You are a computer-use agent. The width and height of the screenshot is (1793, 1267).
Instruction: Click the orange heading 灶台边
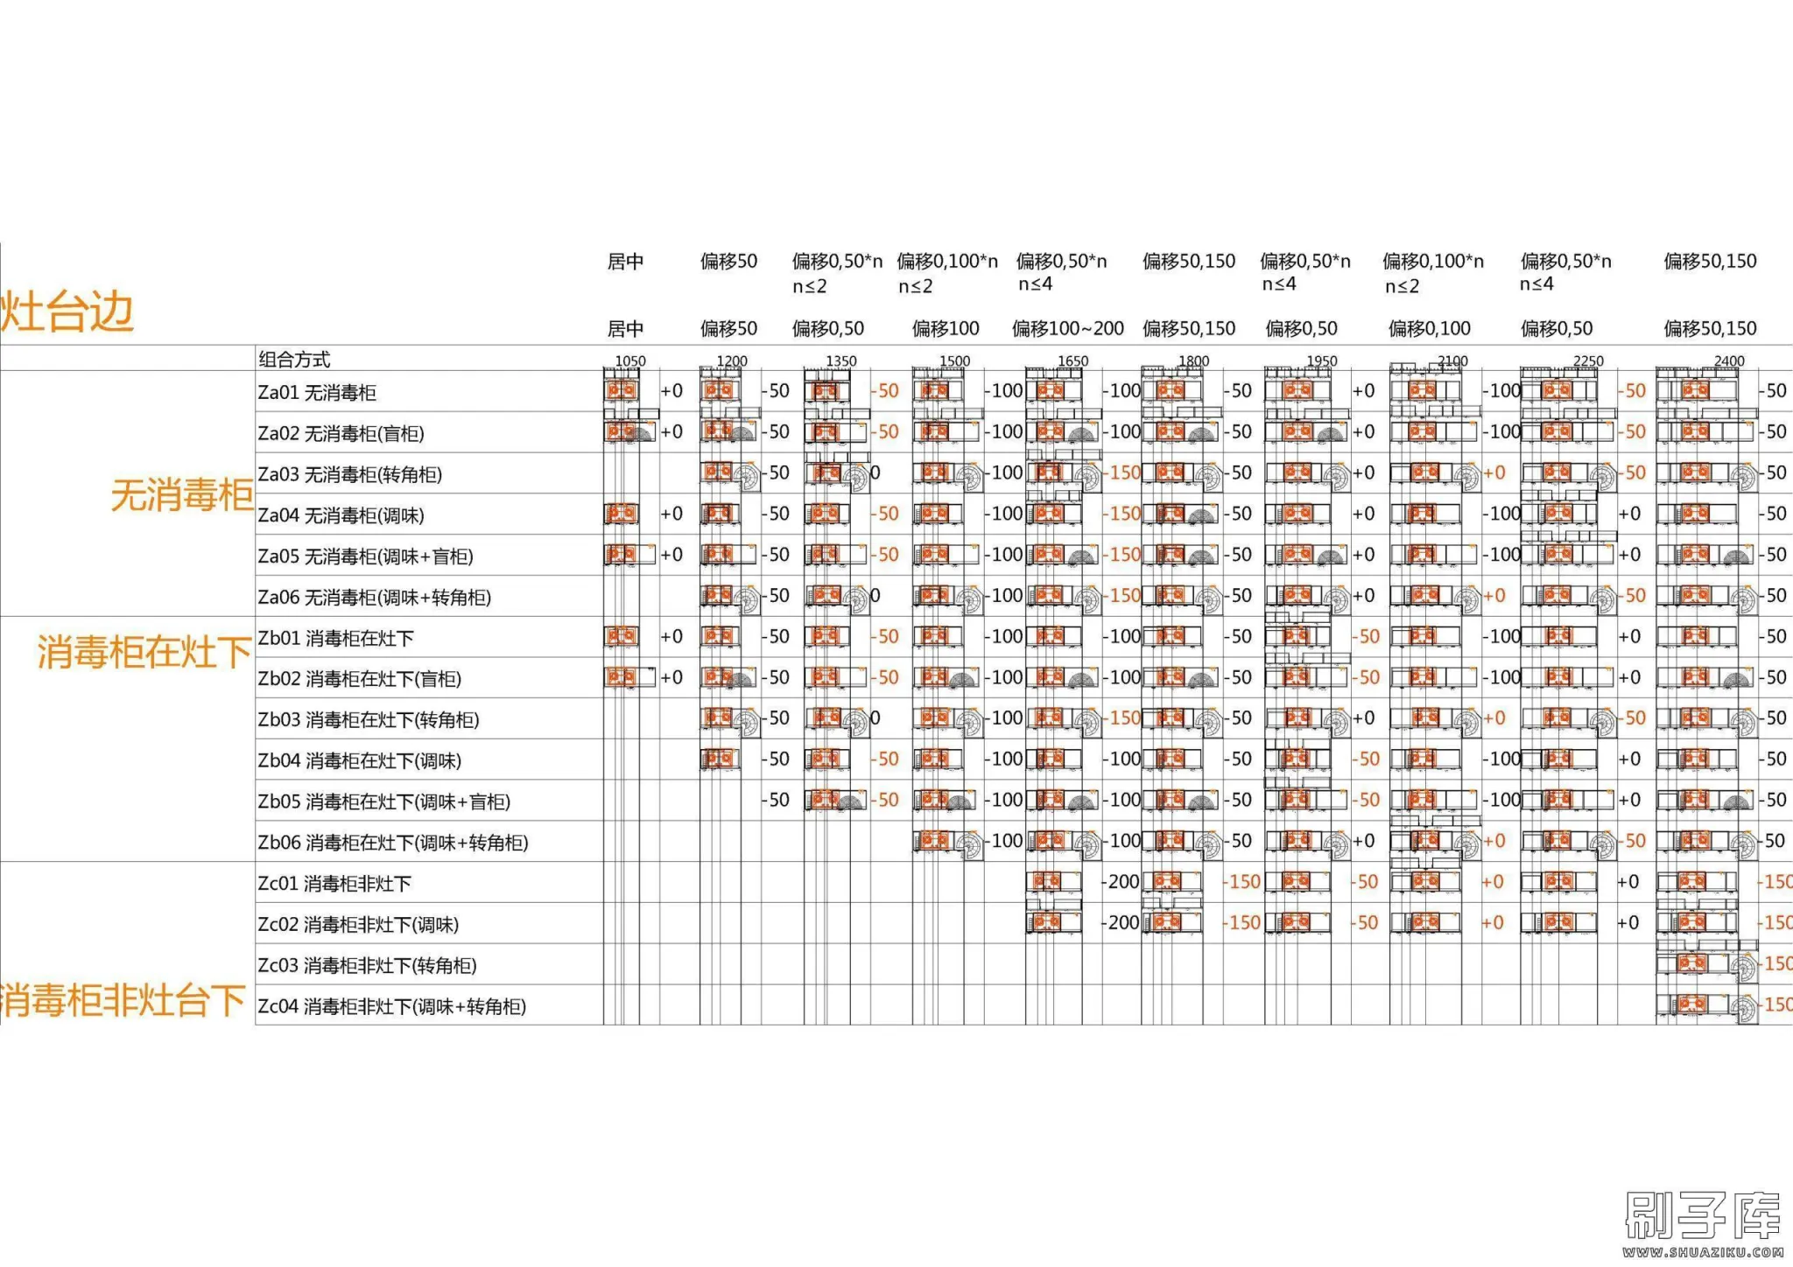coord(67,311)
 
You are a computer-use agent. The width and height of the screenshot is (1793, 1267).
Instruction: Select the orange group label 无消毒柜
coord(181,495)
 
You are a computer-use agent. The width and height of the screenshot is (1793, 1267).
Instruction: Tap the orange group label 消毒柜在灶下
coord(144,652)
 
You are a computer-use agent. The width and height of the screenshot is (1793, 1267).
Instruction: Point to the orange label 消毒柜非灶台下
coord(123,1000)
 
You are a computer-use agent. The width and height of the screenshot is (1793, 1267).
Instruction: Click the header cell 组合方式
coord(294,359)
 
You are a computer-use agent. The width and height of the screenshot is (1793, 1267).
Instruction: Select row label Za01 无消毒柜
coord(317,393)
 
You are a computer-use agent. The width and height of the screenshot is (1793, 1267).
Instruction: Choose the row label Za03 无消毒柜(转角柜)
coord(349,474)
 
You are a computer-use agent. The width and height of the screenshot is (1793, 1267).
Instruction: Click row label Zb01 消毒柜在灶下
coord(335,638)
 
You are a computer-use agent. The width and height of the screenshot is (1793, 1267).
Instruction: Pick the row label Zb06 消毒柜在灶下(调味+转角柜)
coord(392,843)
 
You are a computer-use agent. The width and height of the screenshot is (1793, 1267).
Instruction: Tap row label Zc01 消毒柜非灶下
coord(334,884)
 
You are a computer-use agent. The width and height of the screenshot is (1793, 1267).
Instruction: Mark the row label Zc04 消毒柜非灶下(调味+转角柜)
coord(391,1006)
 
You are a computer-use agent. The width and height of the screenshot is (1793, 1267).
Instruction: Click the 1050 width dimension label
coord(630,360)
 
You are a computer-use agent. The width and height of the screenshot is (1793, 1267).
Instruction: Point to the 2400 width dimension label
coord(1729,360)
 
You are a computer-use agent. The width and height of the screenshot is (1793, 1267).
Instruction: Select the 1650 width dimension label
coord(1072,360)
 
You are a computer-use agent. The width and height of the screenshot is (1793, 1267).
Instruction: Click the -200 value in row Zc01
coord(1121,882)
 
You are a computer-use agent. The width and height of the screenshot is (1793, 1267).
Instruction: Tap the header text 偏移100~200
coord(1068,328)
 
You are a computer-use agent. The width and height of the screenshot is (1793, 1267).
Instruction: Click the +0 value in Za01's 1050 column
coord(671,391)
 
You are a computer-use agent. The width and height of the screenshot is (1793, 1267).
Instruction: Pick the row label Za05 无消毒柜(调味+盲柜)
coord(365,556)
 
